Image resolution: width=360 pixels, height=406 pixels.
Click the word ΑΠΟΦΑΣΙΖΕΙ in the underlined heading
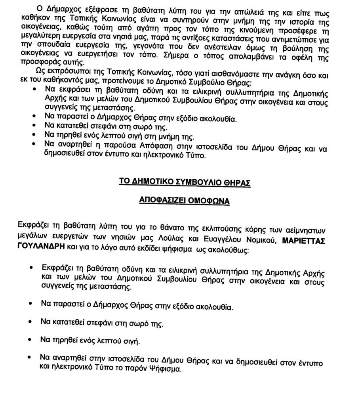[160, 200]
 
